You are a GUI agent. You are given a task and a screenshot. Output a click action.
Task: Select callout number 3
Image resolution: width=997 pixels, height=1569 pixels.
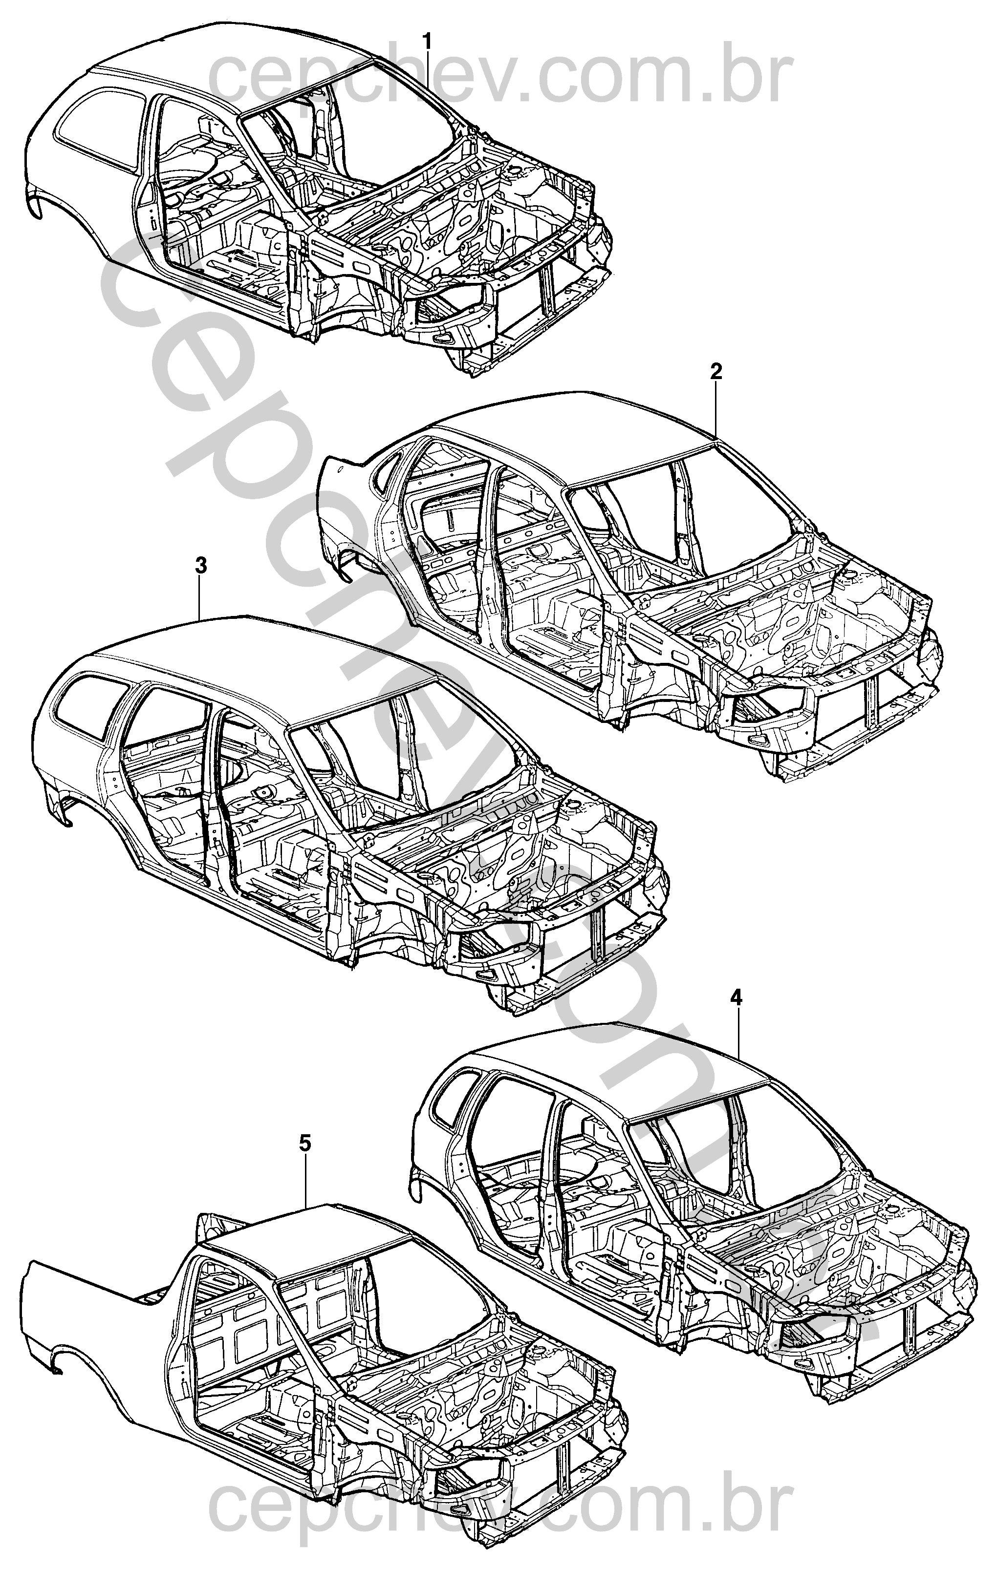pyautogui.click(x=201, y=566)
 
